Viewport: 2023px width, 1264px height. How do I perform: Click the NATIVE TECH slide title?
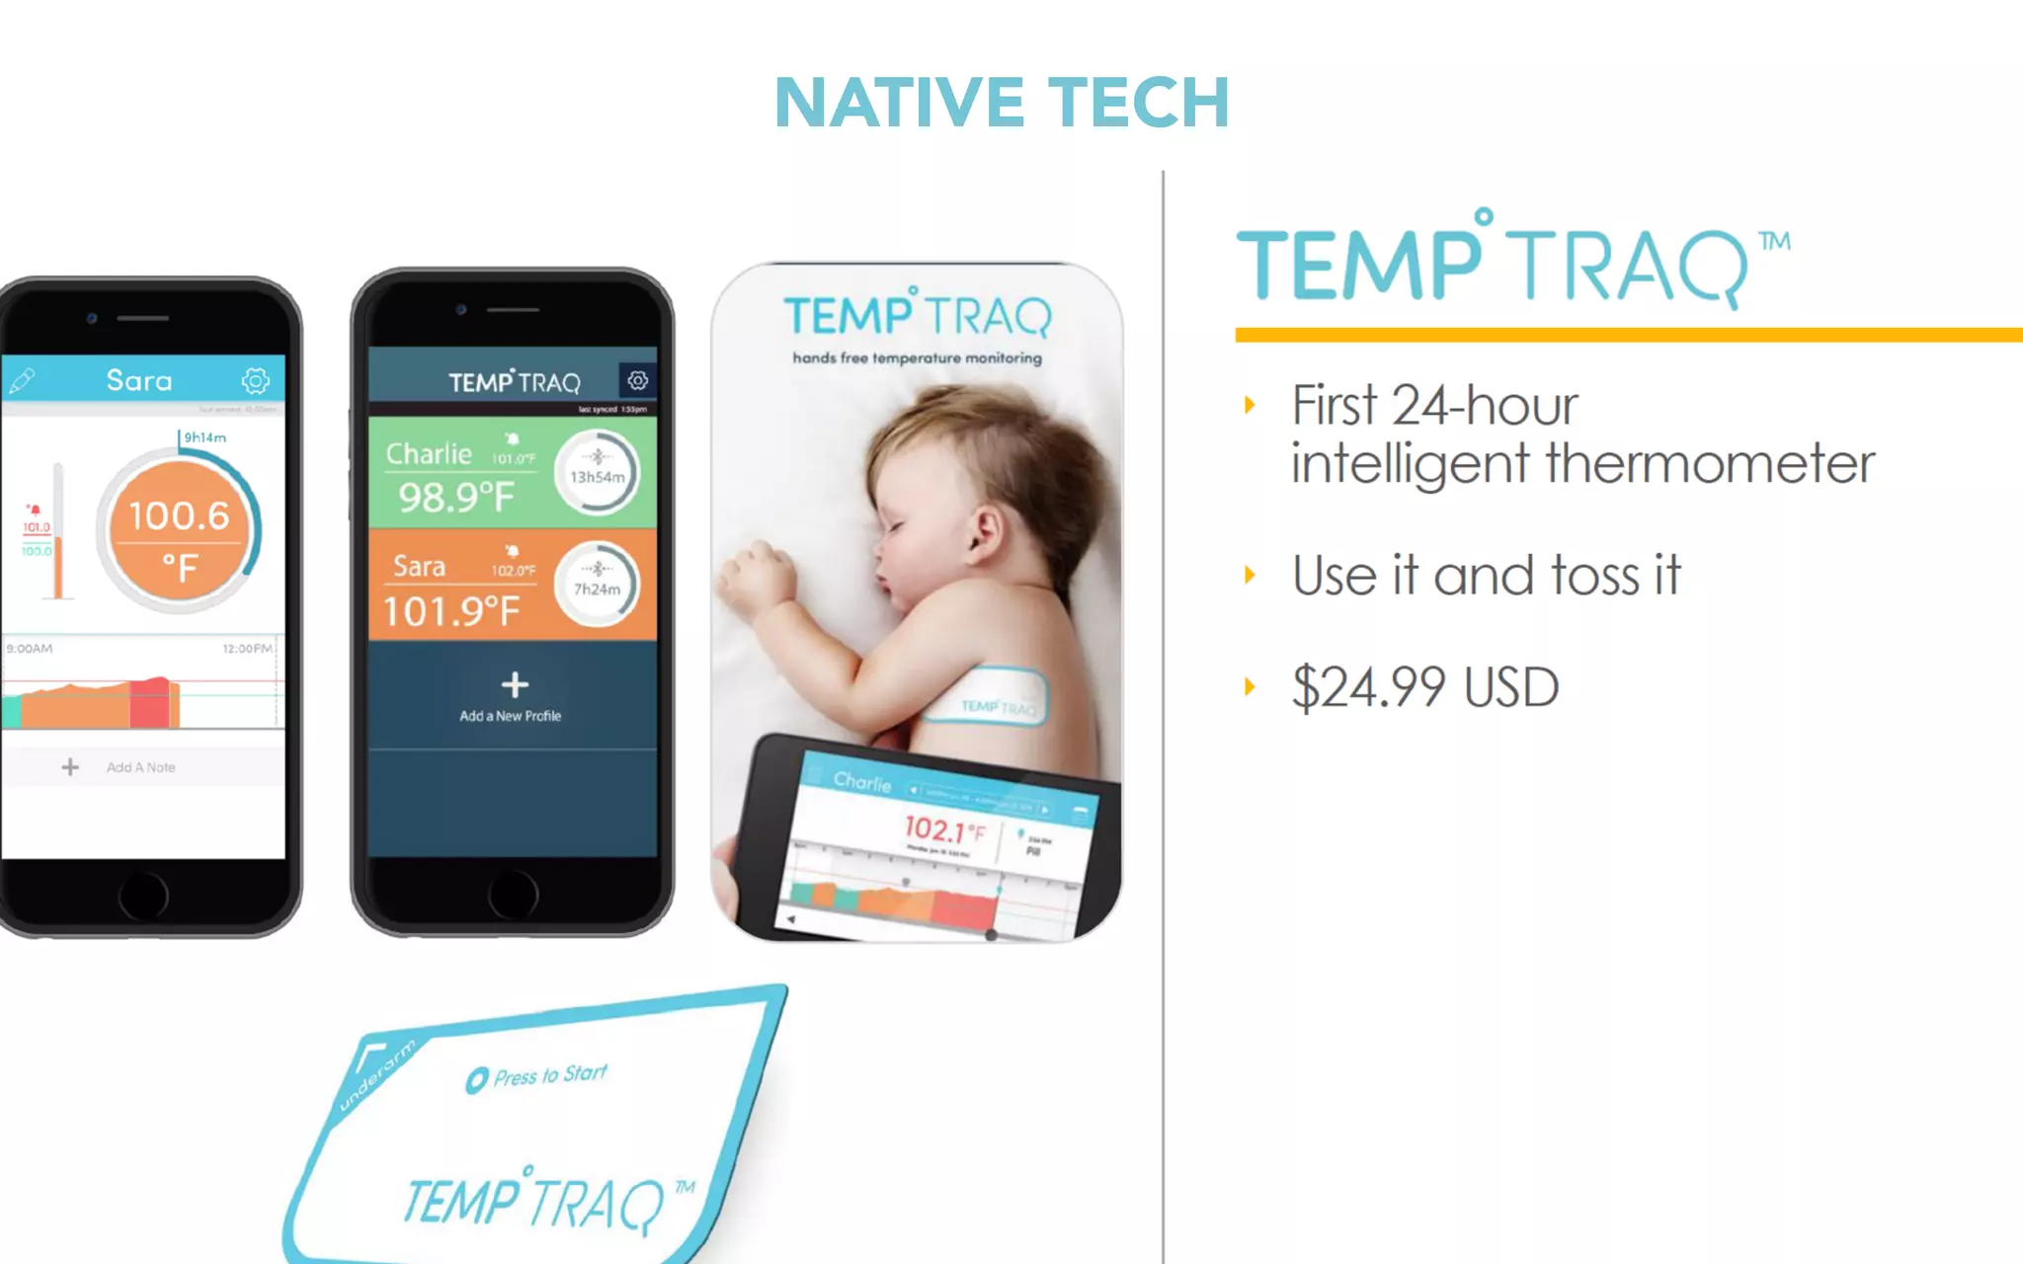point(1002,103)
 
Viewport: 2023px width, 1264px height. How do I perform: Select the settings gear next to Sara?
point(255,380)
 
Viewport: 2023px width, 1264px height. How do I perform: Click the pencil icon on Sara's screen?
point(22,381)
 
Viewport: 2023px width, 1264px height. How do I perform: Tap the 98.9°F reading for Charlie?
point(456,497)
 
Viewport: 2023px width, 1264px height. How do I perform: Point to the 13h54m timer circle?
point(598,474)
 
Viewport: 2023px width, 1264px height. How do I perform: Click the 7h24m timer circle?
point(598,587)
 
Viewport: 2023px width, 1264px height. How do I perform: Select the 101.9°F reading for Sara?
point(451,611)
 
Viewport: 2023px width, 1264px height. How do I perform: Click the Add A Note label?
point(140,767)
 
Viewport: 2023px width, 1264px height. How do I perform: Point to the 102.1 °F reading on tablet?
point(943,829)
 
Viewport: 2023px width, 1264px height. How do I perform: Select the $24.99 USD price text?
point(1424,687)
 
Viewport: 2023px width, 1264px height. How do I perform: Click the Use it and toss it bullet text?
point(1486,576)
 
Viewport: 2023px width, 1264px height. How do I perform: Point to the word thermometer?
point(1710,463)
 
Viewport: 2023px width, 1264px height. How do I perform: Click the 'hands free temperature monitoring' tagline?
point(917,357)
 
